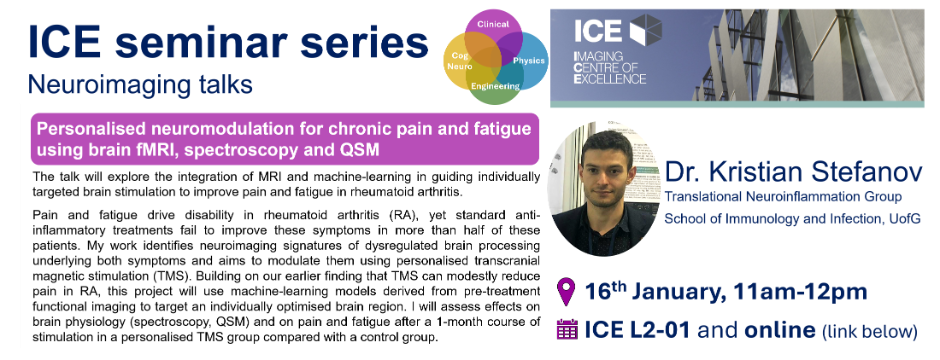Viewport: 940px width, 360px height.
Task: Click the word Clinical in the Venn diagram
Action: (x=493, y=24)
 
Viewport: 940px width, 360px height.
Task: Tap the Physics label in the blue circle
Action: (x=529, y=60)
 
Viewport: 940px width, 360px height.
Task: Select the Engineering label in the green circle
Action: (x=495, y=86)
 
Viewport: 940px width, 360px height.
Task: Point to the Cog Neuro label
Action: (x=460, y=60)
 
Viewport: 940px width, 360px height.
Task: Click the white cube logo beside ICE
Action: (x=646, y=30)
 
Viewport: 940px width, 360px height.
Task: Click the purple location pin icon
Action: (x=566, y=292)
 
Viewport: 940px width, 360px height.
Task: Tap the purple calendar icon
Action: (x=567, y=329)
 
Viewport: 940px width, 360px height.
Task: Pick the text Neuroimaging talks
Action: (x=140, y=84)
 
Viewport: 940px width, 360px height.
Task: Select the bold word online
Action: (x=780, y=330)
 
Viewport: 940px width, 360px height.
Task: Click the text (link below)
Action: (x=870, y=331)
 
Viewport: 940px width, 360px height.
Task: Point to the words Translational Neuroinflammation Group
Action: (x=783, y=196)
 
